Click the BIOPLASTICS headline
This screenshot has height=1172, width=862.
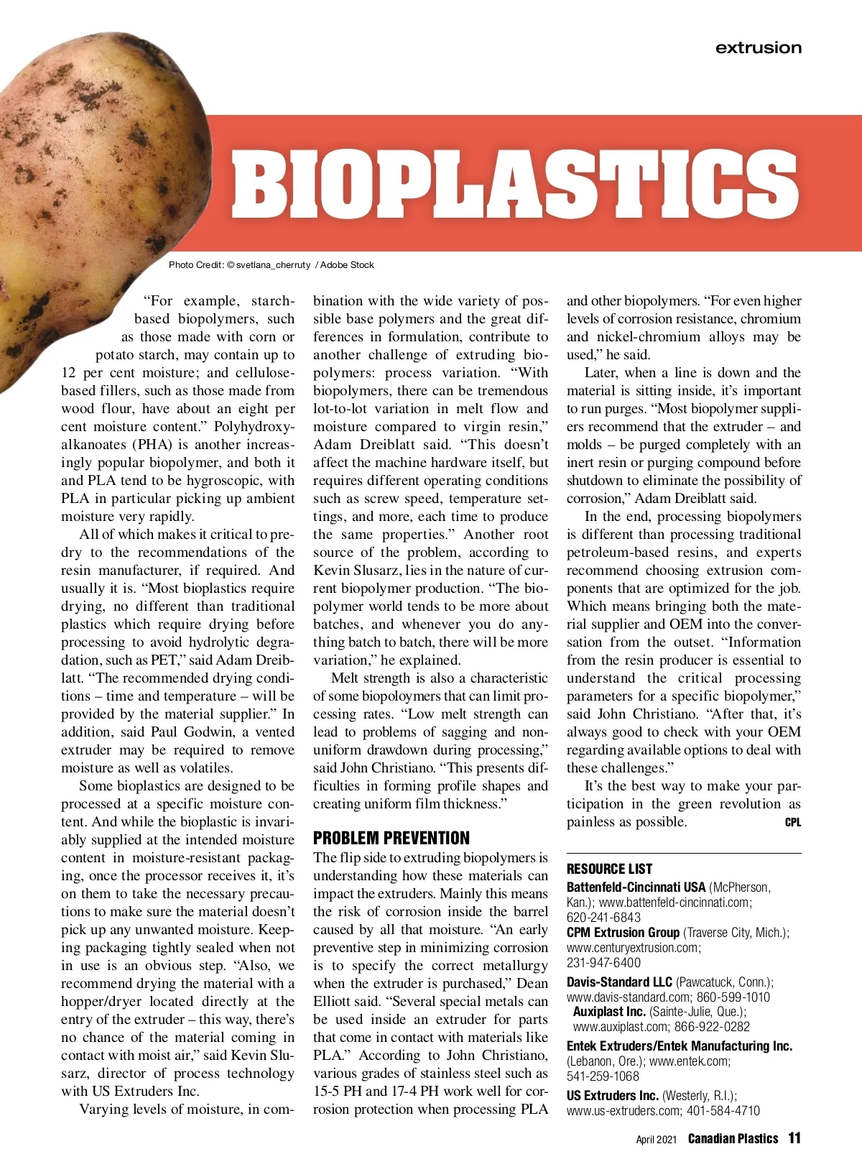tap(514, 183)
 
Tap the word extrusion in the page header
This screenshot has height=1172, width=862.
tap(758, 48)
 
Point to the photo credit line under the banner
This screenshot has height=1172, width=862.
tap(271, 265)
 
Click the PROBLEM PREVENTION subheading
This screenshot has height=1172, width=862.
tap(391, 838)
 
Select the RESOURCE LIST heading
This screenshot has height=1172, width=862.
tap(609, 869)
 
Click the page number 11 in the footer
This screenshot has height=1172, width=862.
tap(794, 1138)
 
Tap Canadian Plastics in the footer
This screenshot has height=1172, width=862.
tap(733, 1139)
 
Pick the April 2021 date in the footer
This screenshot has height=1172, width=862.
tap(656, 1140)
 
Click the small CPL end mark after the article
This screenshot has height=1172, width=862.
tap(792, 823)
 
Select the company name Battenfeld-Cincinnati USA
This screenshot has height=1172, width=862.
tap(636, 887)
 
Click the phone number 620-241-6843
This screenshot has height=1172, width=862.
tap(593, 918)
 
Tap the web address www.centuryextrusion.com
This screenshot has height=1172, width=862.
tap(633, 948)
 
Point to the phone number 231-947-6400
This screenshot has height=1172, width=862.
tap(593, 963)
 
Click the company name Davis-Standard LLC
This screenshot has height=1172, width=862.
tap(619, 982)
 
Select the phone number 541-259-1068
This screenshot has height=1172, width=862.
tap(593, 1076)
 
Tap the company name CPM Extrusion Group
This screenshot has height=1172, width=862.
tap(623, 933)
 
